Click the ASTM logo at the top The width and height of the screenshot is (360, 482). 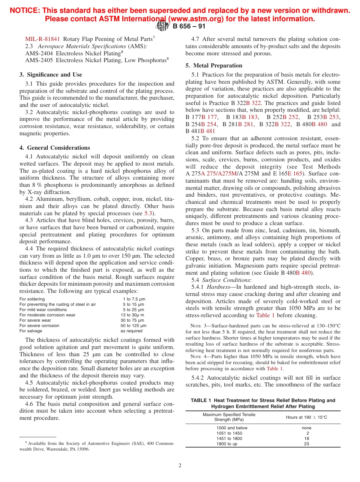162,26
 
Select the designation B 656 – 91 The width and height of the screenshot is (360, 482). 189,26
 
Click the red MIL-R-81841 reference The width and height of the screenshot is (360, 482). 42,39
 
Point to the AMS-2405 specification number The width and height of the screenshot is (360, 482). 39,60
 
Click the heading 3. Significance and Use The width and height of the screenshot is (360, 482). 50,75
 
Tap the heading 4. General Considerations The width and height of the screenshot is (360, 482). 55,148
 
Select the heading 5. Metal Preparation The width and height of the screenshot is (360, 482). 214,66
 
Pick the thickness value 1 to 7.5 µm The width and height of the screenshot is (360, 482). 134,299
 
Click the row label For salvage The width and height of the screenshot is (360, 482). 31,331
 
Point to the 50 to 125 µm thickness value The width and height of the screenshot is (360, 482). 133,326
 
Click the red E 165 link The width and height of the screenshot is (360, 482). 295,174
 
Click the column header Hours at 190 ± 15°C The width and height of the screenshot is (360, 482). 306,417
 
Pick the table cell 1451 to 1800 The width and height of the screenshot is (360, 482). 229,438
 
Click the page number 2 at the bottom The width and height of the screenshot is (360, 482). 180,466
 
